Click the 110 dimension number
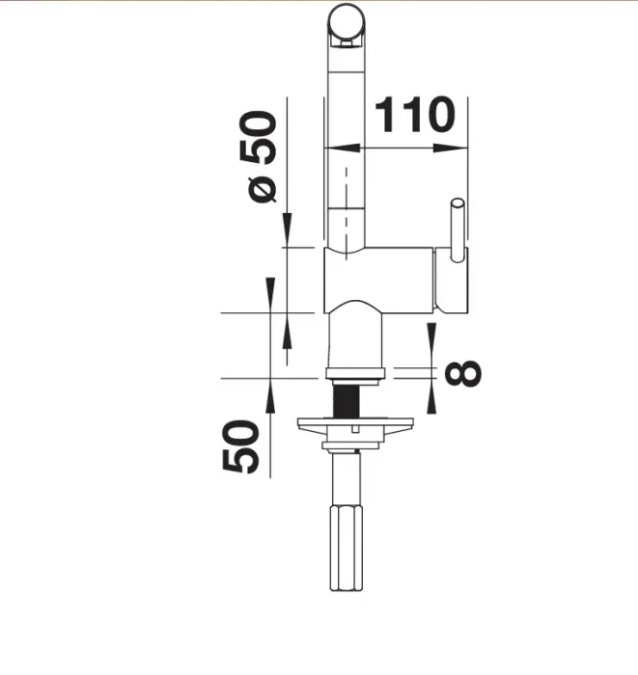414,115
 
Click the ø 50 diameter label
258,156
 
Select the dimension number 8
462,373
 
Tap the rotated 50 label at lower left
240,446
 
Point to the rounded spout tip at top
347,26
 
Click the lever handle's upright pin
458,229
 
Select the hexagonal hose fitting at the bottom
347,548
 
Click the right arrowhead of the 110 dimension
451,148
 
